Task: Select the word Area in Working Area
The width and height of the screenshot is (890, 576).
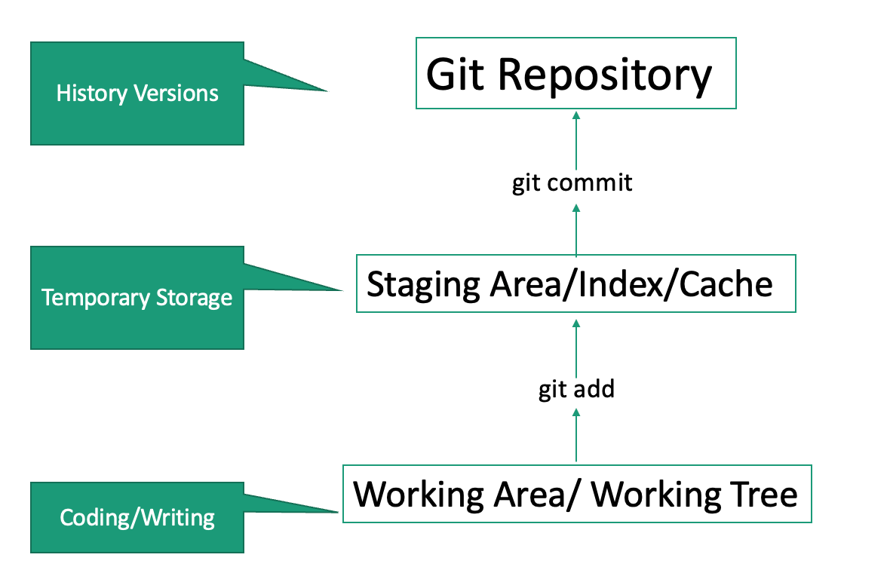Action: click(529, 495)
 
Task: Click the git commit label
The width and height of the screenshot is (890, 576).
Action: click(572, 182)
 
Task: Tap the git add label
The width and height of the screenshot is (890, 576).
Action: click(576, 389)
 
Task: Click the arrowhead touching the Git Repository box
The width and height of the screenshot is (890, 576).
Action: click(576, 115)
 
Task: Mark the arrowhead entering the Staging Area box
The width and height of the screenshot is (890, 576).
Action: click(576, 322)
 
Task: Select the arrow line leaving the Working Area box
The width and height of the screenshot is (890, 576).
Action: click(576, 441)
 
